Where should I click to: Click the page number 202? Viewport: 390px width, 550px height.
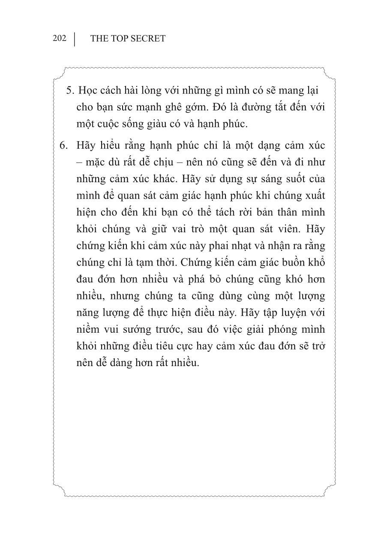(x=60, y=38)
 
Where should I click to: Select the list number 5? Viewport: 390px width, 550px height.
(x=70, y=91)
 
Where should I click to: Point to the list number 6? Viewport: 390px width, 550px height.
(x=64, y=145)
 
